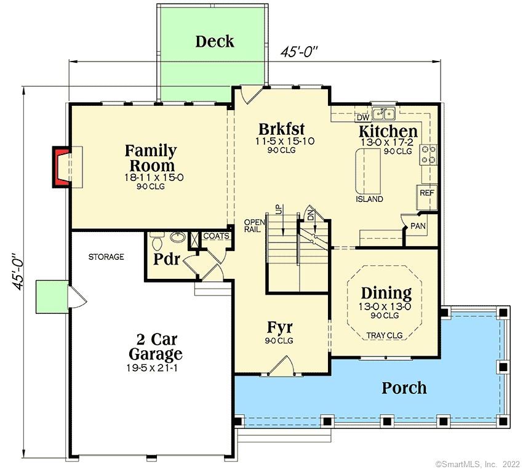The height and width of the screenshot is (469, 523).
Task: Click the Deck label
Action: pos(215,42)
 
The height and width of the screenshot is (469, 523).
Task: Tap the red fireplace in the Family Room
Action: pos(61,166)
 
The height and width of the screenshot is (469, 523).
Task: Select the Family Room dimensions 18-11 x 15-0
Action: pos(151,177)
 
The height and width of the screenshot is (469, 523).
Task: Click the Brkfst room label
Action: pos(282,130)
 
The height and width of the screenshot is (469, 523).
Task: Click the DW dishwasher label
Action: pos(363,117)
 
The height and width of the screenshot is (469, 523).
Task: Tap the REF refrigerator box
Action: pos(427,193)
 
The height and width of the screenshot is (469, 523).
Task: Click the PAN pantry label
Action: pos(418,226)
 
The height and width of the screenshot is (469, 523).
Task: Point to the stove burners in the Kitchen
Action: pos(429,154)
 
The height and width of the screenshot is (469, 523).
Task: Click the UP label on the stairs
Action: pos(278,210)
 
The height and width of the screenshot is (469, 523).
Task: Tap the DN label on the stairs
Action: pos(311,213)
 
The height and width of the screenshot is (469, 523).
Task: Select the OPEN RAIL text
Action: pos(254,225)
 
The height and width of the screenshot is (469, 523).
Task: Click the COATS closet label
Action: pos(216,236)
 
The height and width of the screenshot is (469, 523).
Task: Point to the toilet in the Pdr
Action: pos(156,239)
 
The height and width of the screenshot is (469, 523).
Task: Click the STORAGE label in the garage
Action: pos(106,257)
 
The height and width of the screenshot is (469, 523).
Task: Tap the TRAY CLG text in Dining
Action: pos(385,335)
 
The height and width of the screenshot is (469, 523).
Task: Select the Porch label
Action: pos(404,388)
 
